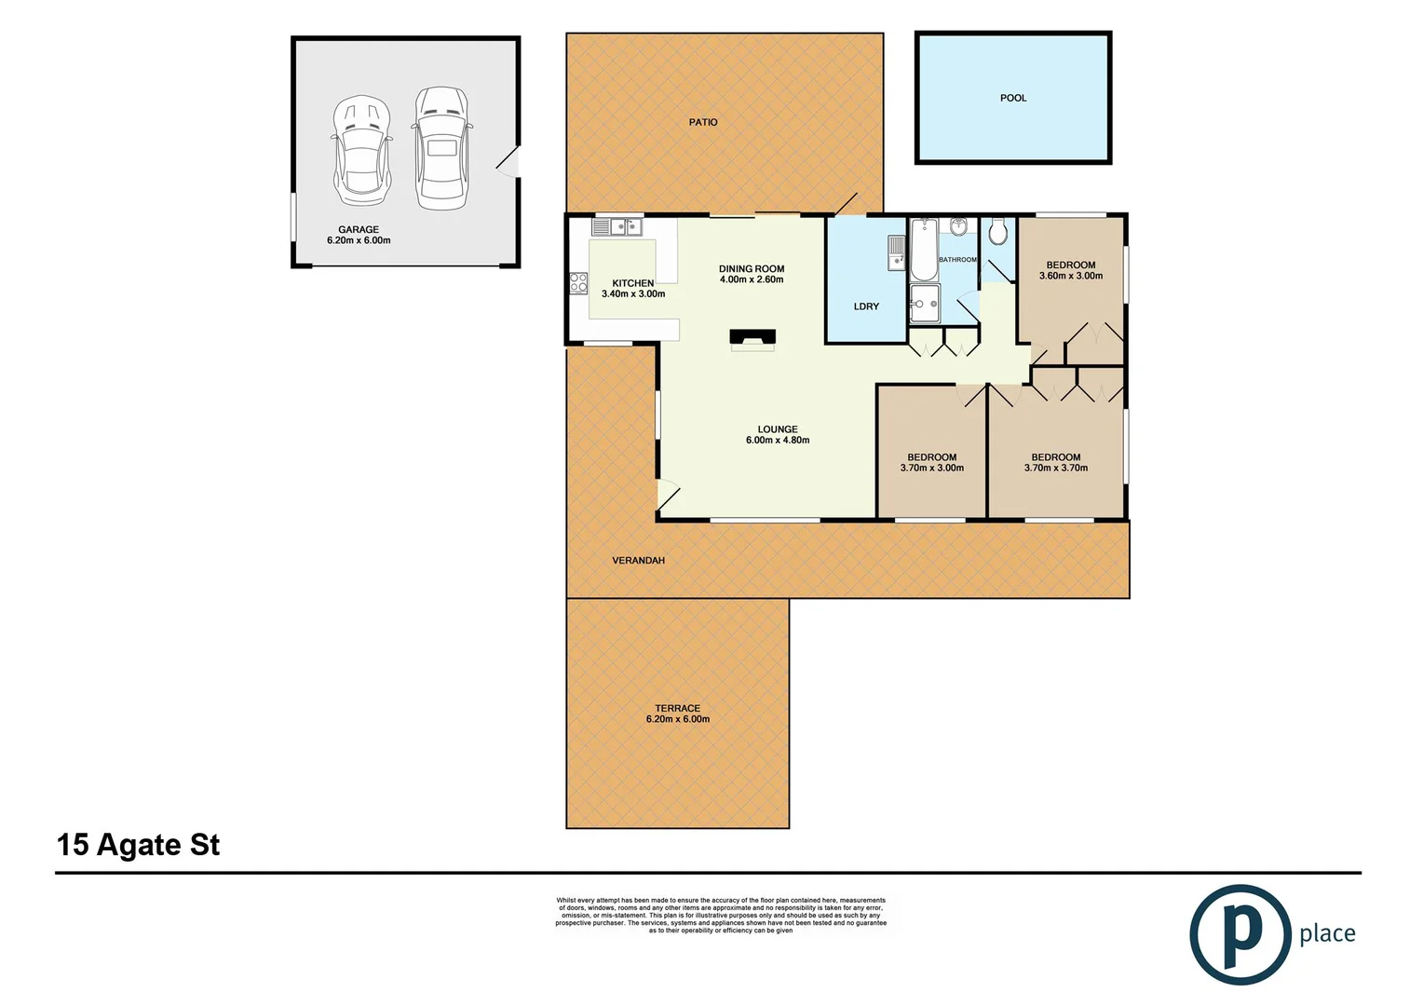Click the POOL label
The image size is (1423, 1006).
pyautogui.click(x=1013, y=98)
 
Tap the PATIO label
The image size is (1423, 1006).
pyautogui.click(x=703, y=122)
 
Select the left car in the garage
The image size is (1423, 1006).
pyautogui.click(x=360, y=150)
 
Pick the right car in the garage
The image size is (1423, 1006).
pyautogui.click(x=440, y=148)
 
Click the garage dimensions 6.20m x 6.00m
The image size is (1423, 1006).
pyautogui.click(x=359, y=240)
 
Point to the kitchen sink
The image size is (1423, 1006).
pyautogui.click(x=616, y=226)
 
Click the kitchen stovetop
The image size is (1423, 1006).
pyautogui.click(x=578, y=282)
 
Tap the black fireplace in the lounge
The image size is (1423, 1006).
pyautogui.click(x=752, y=337)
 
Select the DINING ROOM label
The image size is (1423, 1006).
pyautogui.click(x=752, y=269)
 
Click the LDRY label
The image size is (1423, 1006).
pyautogui.click(x=866, y=306)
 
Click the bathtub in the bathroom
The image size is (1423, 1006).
pyautogui.click(x=923, y=249)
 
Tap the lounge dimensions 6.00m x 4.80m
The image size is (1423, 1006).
pyautogui.click(x=778, y=441)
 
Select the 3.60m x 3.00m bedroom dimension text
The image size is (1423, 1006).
pyautogui.click(x=1071, y=276)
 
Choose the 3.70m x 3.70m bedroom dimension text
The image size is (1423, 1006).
pyautogui.click(x=1056, y=469)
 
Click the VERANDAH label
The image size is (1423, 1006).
pyautogui.click(x=638, y=561)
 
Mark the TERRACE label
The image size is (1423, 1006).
pyautogui.click(x=677, y=709)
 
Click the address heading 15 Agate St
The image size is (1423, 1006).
pyautogui.click(x=139, y=845)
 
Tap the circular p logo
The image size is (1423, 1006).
pyautogui.click(x=1240, y=934)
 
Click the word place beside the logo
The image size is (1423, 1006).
pyautogui.click(x=1327, y=934)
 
